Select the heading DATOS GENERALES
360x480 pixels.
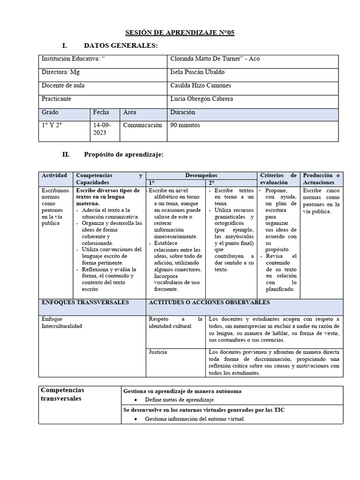pos(120,45)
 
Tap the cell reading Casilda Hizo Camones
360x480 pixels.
pos(201,86)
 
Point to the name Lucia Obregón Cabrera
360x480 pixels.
pos(202,99)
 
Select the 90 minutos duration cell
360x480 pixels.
pos(185,126)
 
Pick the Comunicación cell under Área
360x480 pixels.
pos(142,126)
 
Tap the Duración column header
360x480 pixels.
pos(183,112)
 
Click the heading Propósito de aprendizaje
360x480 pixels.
pos(123,155)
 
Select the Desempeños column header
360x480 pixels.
pos(201,175)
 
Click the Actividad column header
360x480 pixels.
pos(55,175)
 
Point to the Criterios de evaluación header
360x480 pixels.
pos(278,179)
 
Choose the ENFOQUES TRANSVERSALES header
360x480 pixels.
pos(85,303)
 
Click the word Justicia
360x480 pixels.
pos(158,352)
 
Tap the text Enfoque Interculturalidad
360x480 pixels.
pos(62,322)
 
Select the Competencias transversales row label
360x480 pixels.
pos(63,394)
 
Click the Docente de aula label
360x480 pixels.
pos(63,86)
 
